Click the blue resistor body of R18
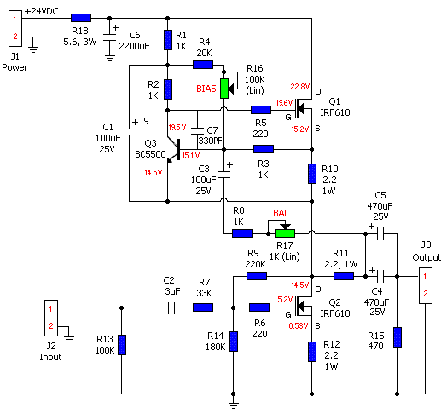[81, 18]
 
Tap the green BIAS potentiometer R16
[224, 89]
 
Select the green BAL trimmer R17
[285, 233]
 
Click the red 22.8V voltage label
[300, 87]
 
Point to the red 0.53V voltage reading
[299, 325]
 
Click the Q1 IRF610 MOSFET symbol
[304, 108]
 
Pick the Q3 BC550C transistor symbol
[174, 150]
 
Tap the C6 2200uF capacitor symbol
[110, 38]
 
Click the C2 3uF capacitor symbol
[171, 308]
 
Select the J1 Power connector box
[15, 28]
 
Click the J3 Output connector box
[426, 285]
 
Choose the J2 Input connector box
[51, 318]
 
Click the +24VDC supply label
[42, 11]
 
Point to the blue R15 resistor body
[398, 337]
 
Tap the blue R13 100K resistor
[122, 345]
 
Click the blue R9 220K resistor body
[257, 276]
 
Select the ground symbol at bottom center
[234, 404]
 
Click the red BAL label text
[281, 213]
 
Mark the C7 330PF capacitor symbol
[197, 131]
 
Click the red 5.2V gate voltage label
[285, 299]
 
